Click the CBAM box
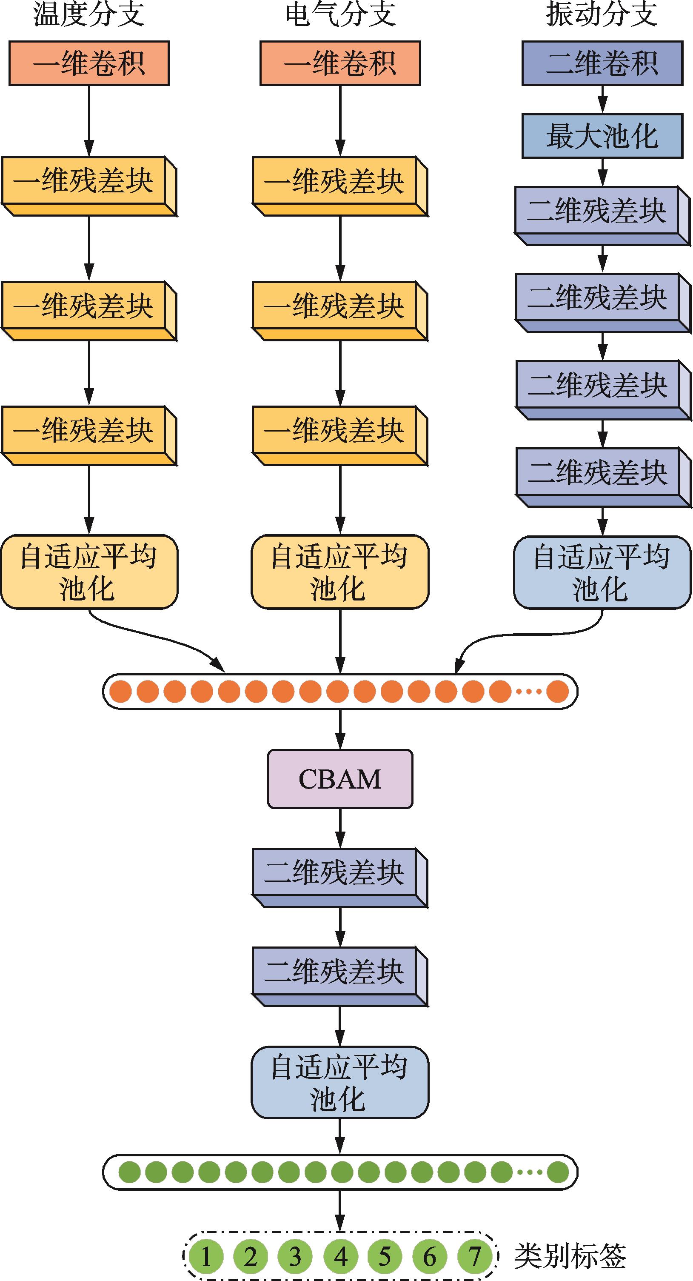pyautogui.click(x=340, y=779)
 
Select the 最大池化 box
pyautogui.click(x=602, y=136)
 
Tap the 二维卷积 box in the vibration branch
pyautogui.click(x=602, y=63)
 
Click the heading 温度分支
pyautogui.click(x=89, y=14)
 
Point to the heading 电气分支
pyautogui.click(x=340, y=14)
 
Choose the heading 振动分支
pyautogui.click(x=602, y=14)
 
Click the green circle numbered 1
pyautogui.click(x=205, y=1257)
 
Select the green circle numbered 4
pyautogui.click(x=340, y=1257)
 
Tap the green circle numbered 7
pyautogui.click(x=475, y=1257)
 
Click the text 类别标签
pyautogui.click(x=570, y=1257)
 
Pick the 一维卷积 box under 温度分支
pyautogui.click(x=89, y=63)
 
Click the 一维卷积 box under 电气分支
pyautogui.click(x=340, y=63)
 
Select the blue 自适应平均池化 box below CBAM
pyautogui.click(x=339, y=1083)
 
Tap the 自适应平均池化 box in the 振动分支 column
pyautogui.click(x=602, y=572)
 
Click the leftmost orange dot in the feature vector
pyautogui.click(x=120, y=691)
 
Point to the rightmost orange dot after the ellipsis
pyautogui.click(x=557, y=691)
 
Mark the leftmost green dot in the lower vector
pyautogui.click(x=129, y=1172)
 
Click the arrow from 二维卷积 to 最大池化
pyautogui.click(x=602, y=100)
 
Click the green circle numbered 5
pyautogui.click(x=385, y=1257)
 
